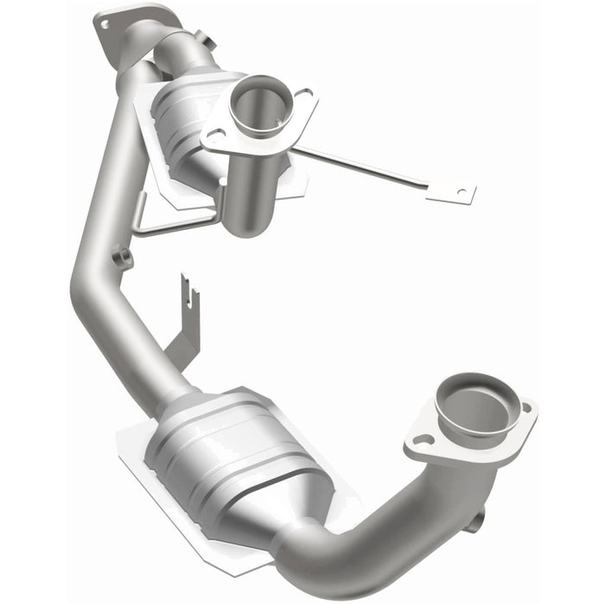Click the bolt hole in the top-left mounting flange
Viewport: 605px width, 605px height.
(105, 24)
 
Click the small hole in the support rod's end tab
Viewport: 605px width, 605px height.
(461, 191)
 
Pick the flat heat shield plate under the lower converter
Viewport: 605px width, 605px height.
(151, 484)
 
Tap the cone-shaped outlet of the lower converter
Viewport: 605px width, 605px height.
(298, 514)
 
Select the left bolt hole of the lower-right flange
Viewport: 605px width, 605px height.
(423, 440)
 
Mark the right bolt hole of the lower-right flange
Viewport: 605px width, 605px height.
(525, 406)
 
